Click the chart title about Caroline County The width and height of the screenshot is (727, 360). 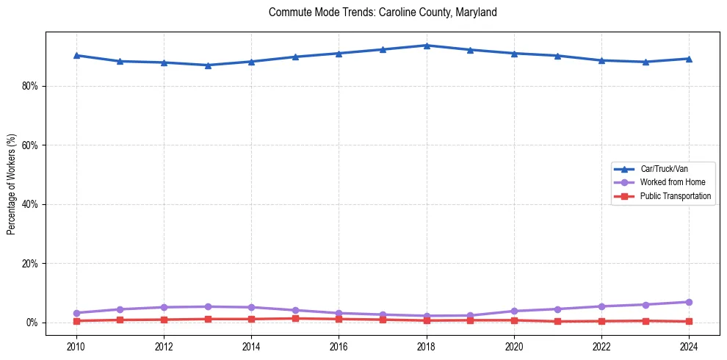tap(383, 12)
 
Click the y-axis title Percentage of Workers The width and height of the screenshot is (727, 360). tap(12, 184)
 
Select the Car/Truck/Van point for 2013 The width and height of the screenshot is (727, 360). tap(208, 65)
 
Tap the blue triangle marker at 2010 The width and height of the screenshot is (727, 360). tap(76, 55)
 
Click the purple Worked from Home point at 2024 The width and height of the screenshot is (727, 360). tap(689, 302)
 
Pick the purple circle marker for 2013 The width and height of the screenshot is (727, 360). tap(208, 306)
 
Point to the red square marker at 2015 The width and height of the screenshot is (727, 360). tap(295, 318)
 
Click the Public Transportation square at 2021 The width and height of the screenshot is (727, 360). tap(557, 321)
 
